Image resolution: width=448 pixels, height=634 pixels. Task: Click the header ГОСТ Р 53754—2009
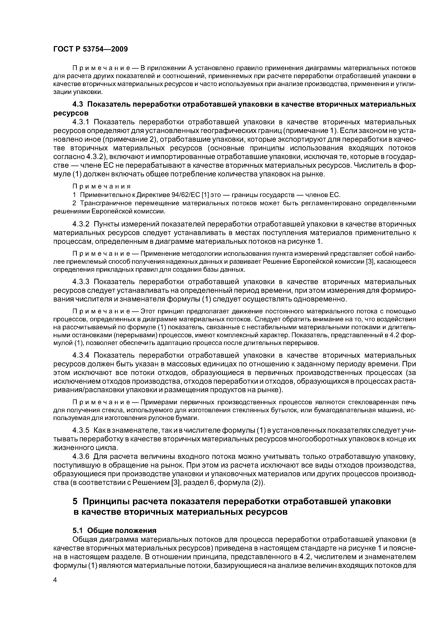pyautogui.click(x=91, y=49)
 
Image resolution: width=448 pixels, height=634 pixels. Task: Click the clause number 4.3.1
pyautogui.click(x=81, y=122)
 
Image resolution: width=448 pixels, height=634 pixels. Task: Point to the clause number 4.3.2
pyautogui.click(x=81, y=224)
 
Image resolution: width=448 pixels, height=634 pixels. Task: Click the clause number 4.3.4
pyautogui.click(x=81, y=355)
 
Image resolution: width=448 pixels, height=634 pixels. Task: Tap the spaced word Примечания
pyautogui.click(x=101, y=187)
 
